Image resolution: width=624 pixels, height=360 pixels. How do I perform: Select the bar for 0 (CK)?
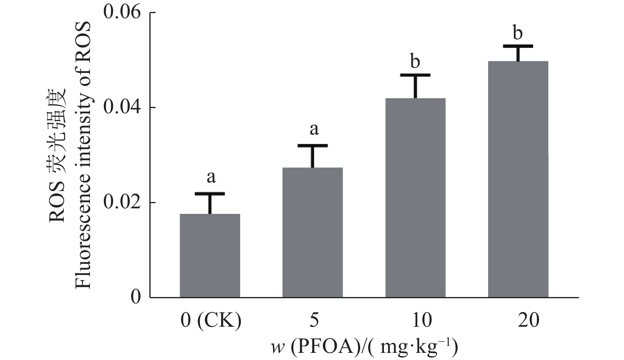point(210,255)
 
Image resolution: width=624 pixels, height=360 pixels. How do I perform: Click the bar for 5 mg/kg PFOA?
point(313,232)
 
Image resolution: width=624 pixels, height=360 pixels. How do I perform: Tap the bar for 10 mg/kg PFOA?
point(415,198)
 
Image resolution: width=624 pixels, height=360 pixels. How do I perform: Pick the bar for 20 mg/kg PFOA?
point(518,179)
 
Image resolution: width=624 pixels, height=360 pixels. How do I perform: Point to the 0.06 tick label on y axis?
point(122,13)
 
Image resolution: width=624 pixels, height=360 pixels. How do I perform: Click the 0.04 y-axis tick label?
point(122,107)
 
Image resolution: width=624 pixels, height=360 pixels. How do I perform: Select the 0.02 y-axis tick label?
point(122,202)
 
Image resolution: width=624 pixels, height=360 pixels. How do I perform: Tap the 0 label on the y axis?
point(136,297)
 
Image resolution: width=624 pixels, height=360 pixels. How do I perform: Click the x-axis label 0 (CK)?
point(211,320)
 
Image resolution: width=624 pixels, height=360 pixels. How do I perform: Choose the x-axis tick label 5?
point(313,320)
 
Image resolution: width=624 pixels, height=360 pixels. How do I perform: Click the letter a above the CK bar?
point(211,177)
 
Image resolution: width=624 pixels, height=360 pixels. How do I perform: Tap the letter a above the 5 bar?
point(314,129)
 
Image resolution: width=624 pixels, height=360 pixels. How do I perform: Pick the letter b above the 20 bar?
point(518,33)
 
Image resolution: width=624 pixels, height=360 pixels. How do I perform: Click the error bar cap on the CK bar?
point(210,194)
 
